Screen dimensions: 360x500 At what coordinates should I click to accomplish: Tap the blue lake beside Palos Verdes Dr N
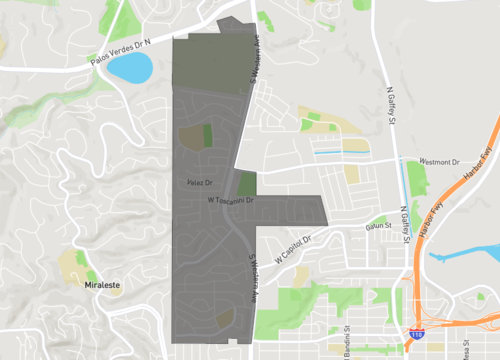pos(131,68)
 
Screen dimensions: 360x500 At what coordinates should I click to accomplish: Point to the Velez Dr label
pos(200,181)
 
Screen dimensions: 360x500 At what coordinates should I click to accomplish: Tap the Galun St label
pos(377,227)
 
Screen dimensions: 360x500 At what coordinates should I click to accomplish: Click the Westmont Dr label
pos(438,161)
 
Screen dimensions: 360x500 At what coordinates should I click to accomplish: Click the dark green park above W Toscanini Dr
pos(246,184)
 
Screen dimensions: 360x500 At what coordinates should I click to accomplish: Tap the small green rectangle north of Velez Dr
pos(208,135)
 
